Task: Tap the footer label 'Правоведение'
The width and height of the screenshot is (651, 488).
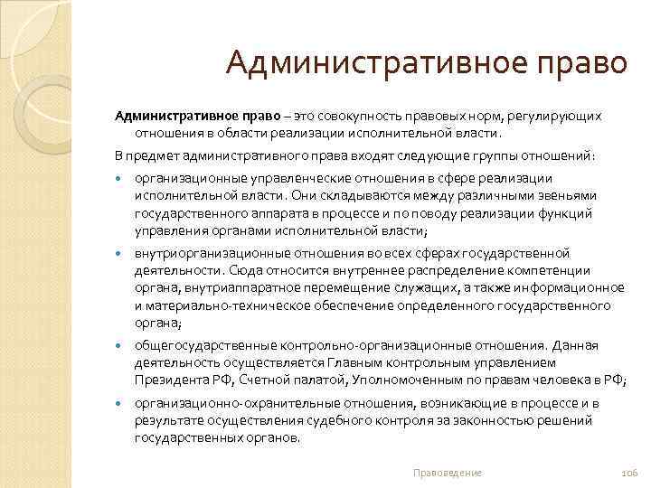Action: pyautogui.click(x=447, y=473)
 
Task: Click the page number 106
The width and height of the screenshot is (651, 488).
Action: pyautogui.click(x=629, y=473)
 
